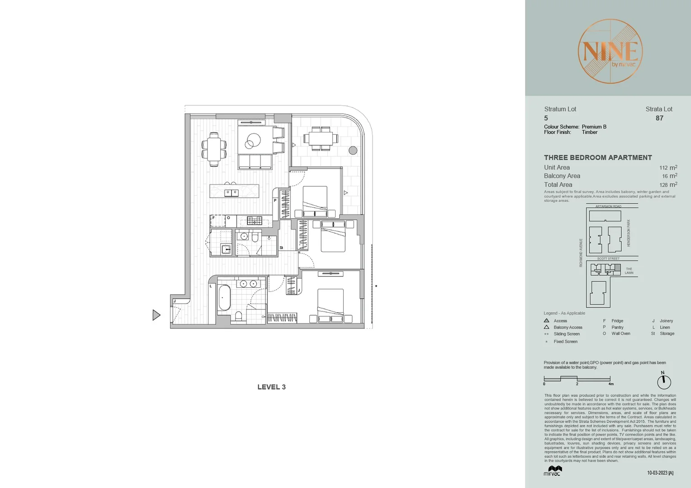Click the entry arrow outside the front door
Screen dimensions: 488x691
(x=156, y=315)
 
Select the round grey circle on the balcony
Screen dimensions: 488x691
(x=353, y=150)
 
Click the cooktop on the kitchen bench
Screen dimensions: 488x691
(x=254, y=221)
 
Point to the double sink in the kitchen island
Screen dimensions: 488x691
(x=232, y=193)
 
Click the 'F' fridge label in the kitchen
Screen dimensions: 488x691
(x=213, y=218)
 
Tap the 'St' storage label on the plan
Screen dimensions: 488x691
(x=281, y=248)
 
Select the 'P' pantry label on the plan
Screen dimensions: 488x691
(x=275, y=201)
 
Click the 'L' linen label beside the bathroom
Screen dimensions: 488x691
(x=211, y=286)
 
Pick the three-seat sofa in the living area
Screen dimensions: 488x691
(x=255, y=162)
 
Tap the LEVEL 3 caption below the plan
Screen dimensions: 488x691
(x=271, y=387)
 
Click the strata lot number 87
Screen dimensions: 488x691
(x=659, y=118)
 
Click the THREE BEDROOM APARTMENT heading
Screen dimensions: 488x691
(x=597, y=158)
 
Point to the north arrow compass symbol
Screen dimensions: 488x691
(x=664, y=382)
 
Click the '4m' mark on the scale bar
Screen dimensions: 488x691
(x=611, y=384)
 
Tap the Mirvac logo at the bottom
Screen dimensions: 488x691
(x=552, y=471)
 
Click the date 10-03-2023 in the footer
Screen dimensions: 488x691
(x=660, y=473)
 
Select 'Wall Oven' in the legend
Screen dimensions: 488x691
(x=620, y=333)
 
